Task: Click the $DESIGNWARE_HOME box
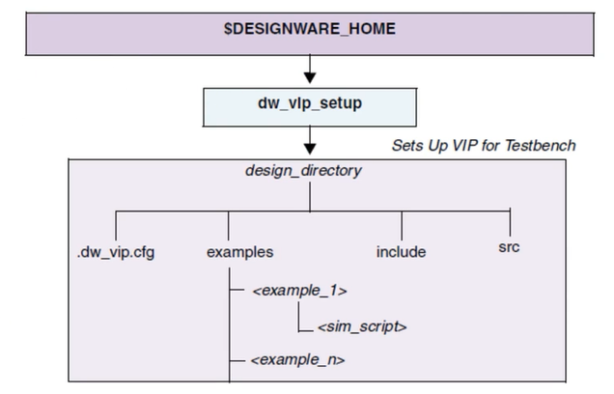(x=309, y=29)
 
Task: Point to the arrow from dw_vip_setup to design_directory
(x=310, y=141)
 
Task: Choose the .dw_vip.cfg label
(x=113, y=252)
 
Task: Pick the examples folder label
(x=239, y=252)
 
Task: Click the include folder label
(x=401, y=252)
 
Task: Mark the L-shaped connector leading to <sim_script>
(x=301, y=319)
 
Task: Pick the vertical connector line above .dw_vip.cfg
(x=114, y=223)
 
